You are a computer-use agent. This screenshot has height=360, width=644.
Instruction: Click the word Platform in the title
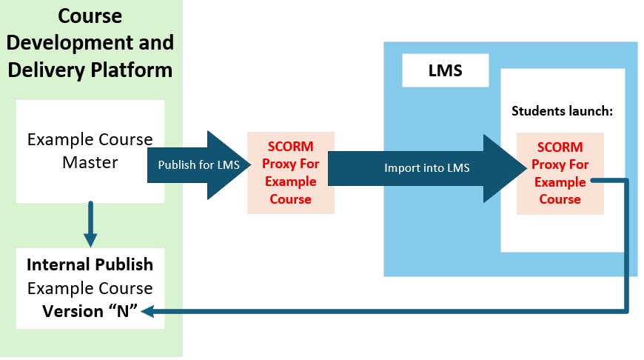coord(132,70)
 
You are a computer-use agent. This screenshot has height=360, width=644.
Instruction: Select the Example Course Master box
coord(90,151)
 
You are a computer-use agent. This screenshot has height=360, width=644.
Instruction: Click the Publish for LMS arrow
coord(189,165)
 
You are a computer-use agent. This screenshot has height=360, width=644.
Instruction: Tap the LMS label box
coord(445,71)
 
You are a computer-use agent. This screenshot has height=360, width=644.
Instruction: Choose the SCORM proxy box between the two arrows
coord(291,173)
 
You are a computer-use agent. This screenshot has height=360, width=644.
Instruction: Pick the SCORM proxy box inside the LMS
coord(560,173)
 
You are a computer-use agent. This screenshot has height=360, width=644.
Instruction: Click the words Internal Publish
coord(90,264)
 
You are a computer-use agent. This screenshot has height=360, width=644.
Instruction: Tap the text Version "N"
coord(86,311)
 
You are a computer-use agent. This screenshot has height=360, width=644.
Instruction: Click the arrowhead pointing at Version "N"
coord(147,312)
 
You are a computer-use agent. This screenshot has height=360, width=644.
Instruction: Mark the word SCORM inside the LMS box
coord(560,147)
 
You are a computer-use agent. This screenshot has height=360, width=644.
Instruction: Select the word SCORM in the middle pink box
coord(291,147)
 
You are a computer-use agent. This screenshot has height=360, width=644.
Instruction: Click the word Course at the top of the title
coord(90,16)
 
